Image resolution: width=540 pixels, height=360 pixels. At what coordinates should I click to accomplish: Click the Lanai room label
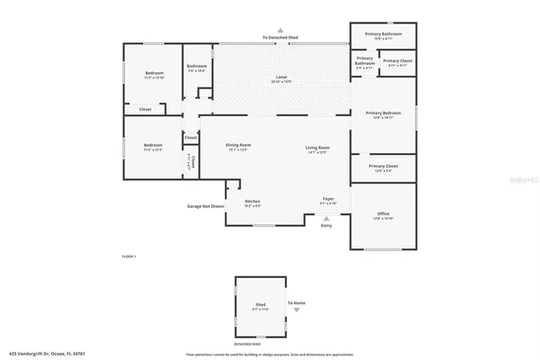coord(280,78)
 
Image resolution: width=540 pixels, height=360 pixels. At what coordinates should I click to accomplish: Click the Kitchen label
coord(253,202)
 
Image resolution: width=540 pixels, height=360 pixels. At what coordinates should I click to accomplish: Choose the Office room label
coord(382,213)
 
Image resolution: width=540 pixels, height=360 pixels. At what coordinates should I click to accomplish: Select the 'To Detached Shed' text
coord(280,37)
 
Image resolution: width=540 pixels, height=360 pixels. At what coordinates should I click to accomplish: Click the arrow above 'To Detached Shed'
coord(280,29)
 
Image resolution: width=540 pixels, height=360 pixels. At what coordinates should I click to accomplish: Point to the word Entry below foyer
coord(327,225)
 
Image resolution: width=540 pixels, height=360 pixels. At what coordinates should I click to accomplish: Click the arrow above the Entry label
coord(327,218)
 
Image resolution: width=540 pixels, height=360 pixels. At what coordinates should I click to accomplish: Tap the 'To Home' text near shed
coord(296,303)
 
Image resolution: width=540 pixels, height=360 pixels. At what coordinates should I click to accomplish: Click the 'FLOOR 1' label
coord(129,256)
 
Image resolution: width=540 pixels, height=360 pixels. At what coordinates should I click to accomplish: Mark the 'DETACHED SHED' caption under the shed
coord(248,344)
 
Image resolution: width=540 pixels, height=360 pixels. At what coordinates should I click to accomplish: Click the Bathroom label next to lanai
coord(197,67)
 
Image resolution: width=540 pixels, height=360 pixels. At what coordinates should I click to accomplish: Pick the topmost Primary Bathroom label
coord(382,34)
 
